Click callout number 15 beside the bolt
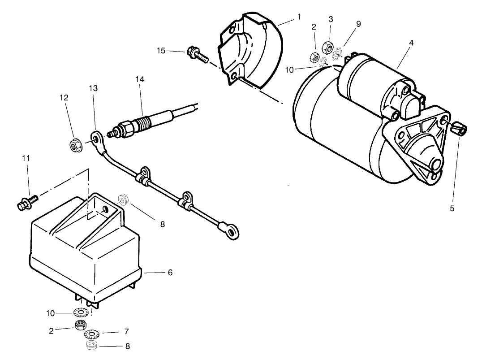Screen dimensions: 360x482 pyautogui.click(x=161, y=51)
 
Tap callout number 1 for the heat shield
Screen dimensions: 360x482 pyautogui.click(x=299, y=17)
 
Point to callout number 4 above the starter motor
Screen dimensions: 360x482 pyautogui.click(x=411, y=43)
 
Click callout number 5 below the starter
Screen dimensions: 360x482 pyautogui.click(x=452, y=208)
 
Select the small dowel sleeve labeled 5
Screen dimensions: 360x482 pyautogui.click(x=460, y=130)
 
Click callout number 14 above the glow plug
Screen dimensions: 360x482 pyautogui.click(x=140, y=79)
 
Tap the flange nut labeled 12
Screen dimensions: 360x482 pyautogui.click(x=75, y=145)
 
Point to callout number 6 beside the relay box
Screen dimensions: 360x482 pyautogui.click(x=170, y=272)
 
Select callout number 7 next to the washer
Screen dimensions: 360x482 pyautogui.click(x=126, y=331)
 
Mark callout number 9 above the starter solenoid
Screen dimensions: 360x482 pyautogui.click(x=358, y=24)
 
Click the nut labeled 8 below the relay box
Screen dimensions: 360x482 pyautogui.click(x=91, y=346)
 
